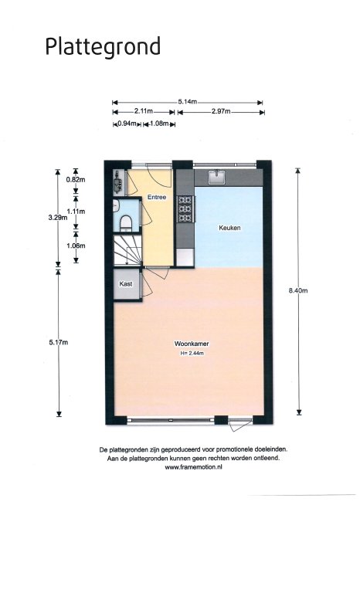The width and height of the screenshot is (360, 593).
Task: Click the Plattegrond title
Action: (x=103, y=47)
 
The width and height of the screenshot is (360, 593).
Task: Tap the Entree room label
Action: (x=157, y=197)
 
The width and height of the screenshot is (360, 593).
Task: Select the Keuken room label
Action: (x=229, y=228)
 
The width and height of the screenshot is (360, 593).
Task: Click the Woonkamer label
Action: (x=192, y=344)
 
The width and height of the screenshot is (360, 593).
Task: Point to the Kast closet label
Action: (x=126, y=283)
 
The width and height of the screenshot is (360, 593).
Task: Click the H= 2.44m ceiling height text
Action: (x=192, y=354)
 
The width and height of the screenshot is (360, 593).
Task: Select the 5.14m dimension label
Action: (x=188, y=101)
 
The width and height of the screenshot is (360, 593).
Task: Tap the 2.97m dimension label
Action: (x=221, y=111)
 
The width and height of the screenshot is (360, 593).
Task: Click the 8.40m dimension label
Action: (x=298, y=290)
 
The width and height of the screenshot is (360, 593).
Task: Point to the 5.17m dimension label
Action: (x=58, y=342)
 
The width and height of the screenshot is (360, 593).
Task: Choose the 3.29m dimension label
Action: (x=57, y=217)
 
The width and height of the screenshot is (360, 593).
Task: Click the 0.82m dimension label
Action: (x=76, y=180)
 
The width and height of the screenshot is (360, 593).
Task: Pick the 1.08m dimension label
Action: (x=159, y=124)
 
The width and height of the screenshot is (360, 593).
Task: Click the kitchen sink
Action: (x=217, y=177)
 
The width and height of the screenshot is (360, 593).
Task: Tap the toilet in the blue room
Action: (x=125, y=223)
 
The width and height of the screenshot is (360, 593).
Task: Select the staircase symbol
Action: (x=127, y=250)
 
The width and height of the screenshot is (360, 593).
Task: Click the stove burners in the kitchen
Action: (x=185, y=208)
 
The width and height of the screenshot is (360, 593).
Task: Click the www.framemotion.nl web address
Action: (x=193, y=467)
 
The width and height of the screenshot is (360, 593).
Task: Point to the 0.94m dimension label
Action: (x=127, y=124)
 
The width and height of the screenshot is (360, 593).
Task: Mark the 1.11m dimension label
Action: (x=76, y=212)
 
